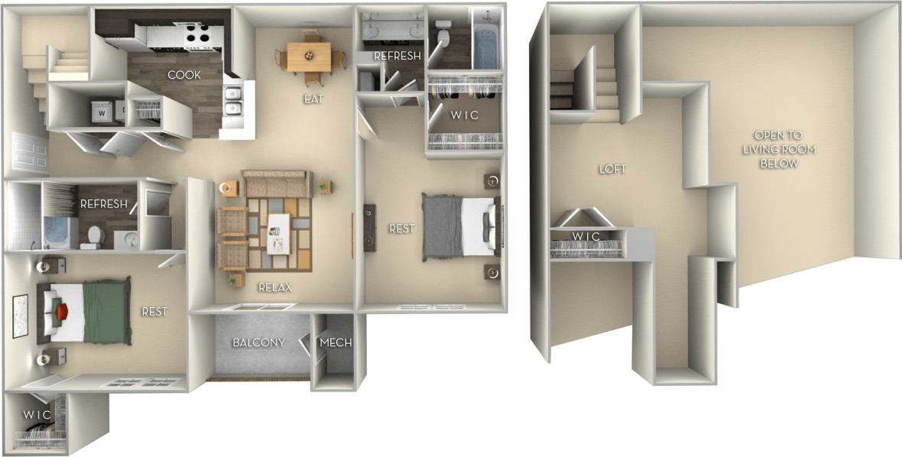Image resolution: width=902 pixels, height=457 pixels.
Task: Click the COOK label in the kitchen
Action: click(184, 75)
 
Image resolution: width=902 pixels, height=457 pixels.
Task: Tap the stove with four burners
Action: click(193, 33)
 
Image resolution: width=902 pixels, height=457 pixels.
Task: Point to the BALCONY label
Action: click(258, 342)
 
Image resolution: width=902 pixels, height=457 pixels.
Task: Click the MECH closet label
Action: click(336, 342)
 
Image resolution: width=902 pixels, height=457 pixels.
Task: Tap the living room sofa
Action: click(276, 184)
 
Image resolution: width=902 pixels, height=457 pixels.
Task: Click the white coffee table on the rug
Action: click(278, 232)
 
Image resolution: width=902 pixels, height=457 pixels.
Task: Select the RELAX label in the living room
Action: click(274, 287)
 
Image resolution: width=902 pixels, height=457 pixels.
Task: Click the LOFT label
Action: click(612, 169)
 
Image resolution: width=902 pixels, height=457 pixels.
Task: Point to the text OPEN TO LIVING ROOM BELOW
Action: click(780, 149)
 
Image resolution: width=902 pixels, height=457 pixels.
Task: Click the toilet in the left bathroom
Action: click(92, 237)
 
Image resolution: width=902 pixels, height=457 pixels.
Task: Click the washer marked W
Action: click(101, 110)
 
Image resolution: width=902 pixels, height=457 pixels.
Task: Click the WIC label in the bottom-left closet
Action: click(36, 414)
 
